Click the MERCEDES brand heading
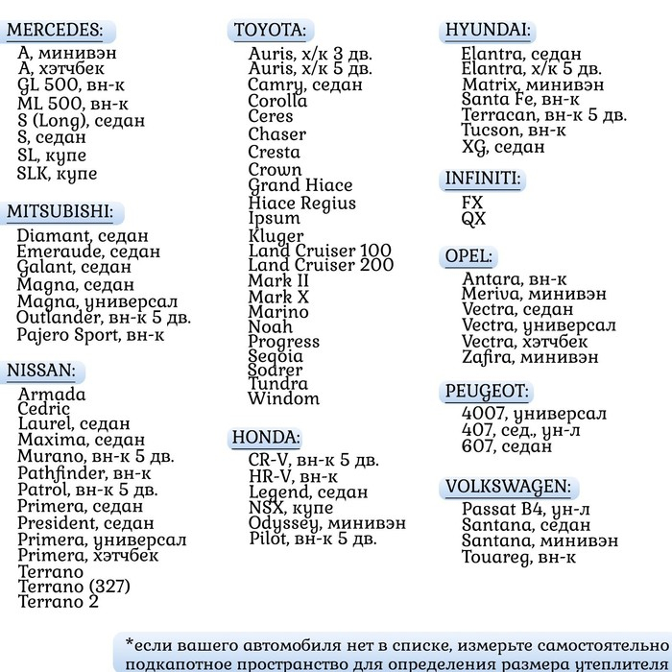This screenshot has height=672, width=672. [x=55, y=30]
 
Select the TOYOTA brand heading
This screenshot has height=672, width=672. [x=270, y=30]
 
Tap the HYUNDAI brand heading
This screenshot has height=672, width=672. [x=488, y=30]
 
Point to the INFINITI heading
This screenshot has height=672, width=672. [x=483, y=179]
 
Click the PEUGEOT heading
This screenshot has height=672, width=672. [x=487, y=391]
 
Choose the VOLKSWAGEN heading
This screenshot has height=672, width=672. [x=508, y=487]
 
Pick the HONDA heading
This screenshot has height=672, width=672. [x=266, y=438]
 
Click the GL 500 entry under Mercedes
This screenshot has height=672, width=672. [x=71, y=84]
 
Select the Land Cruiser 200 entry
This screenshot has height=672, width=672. [x=321, y=265]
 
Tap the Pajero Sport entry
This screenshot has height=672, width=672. [x=90, y=335]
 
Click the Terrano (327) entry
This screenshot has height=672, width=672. [x=74, y=586]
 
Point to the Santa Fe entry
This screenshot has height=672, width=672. [x=519, y=99]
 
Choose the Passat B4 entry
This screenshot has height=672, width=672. [x=525, y=510]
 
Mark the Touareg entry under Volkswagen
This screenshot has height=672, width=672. [x=518, y=557]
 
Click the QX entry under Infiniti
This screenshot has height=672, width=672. [x=473, y=219]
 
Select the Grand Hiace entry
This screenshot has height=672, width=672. [x=300, y=185]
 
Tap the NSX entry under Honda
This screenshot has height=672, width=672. [x=291, y=507]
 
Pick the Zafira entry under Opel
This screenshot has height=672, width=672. [x=530, y=356]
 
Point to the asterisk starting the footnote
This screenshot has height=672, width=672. [x=130, y=641]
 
